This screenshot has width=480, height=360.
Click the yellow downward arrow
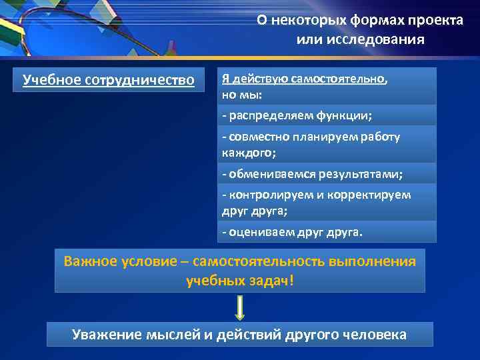coord(240,307)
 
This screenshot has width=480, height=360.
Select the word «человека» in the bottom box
coord(373,334)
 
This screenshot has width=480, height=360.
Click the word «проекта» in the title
coord(433,20)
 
